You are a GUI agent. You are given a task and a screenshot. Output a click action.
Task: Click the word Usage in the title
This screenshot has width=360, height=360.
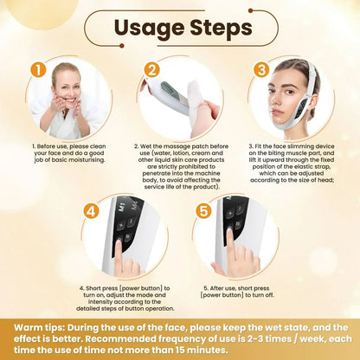(145, 28)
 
